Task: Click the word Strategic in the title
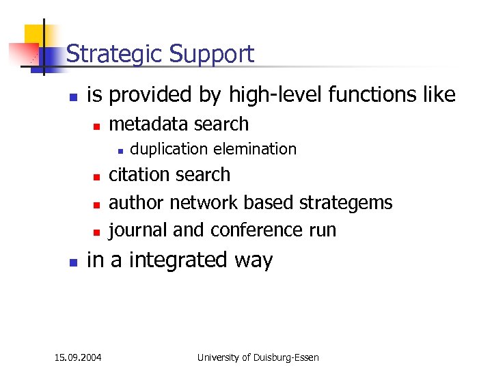(115, 54)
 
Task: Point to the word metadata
(149, 124)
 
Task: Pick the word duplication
(169, 149)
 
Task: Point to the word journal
(139, 230)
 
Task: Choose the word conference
(258, 230)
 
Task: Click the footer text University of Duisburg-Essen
(258, 357)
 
